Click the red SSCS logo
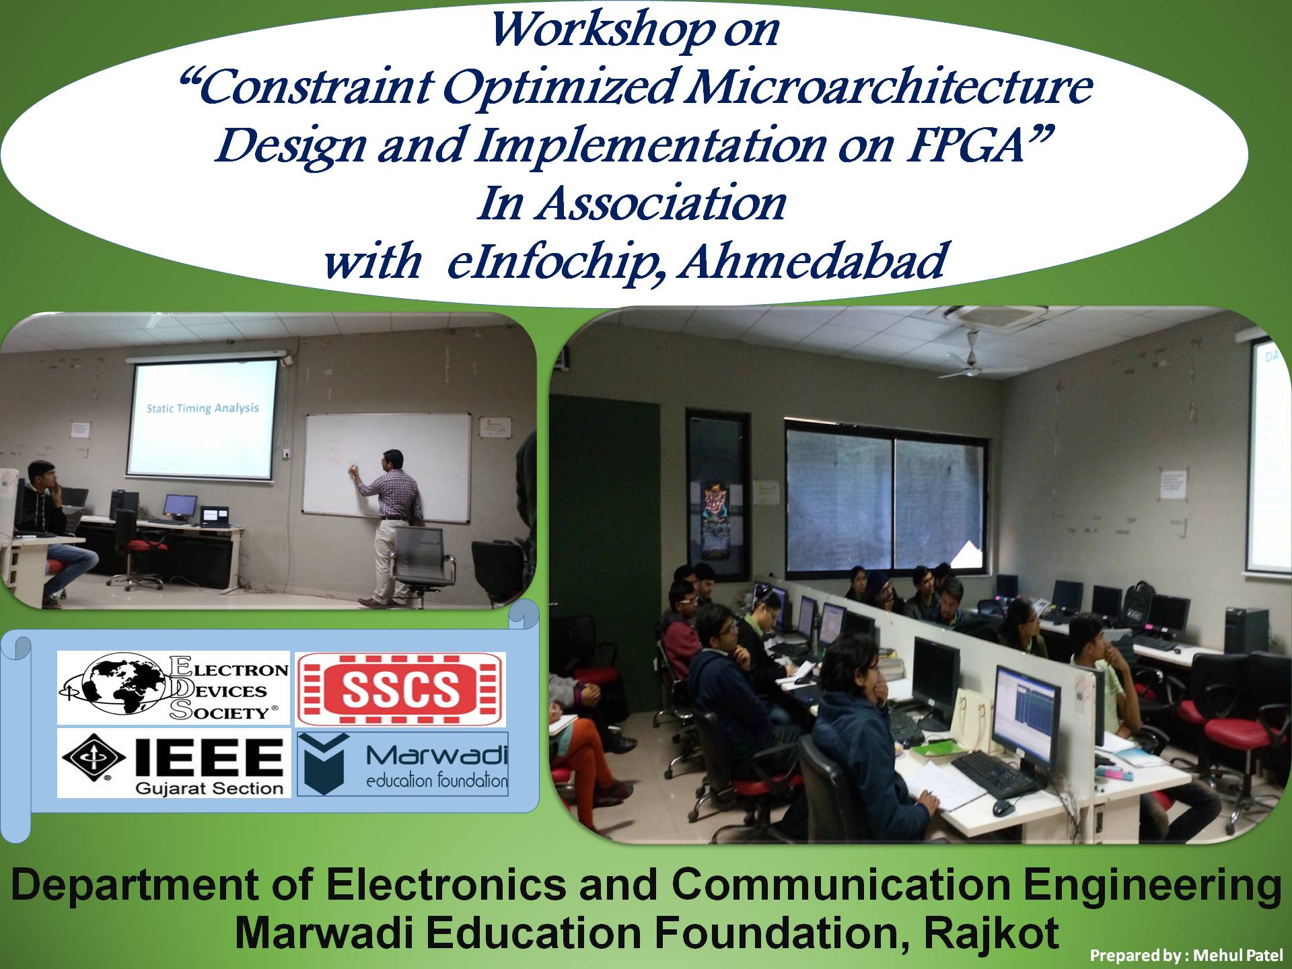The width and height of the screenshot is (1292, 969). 401,689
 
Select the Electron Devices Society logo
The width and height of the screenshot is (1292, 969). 174,687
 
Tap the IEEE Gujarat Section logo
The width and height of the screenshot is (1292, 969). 174,764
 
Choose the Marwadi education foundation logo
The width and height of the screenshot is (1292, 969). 402,764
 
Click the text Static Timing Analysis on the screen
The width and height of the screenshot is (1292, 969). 203,408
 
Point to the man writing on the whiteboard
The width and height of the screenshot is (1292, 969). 390,525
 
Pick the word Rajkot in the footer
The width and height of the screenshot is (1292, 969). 991,933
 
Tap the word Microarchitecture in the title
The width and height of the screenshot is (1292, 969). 886,87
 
